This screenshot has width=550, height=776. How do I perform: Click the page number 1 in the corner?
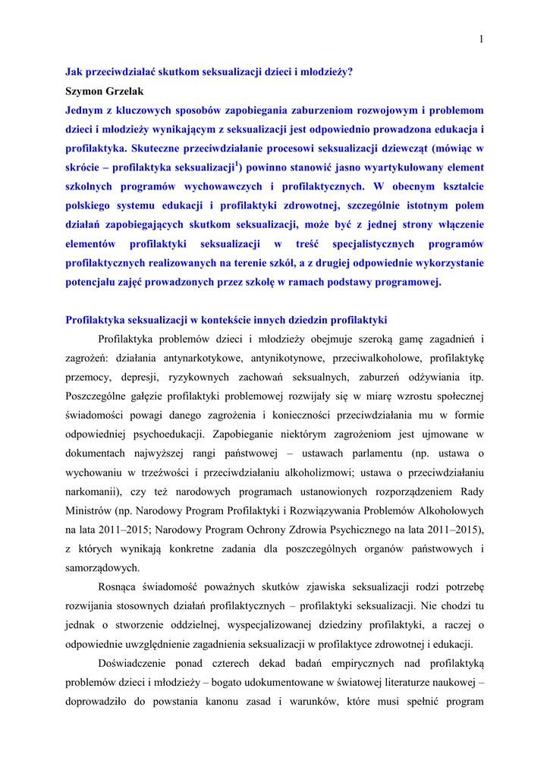[x=481, y=39]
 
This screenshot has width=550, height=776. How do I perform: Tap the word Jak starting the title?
[x=74, y=72]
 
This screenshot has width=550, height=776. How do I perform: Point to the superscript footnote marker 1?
[x=237, y=163]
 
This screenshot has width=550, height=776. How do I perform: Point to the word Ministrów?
[x=89, y=511]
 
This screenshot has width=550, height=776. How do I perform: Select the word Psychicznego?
[x=354, y=530]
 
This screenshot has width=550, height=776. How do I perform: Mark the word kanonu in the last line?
[x=231, y=701]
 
